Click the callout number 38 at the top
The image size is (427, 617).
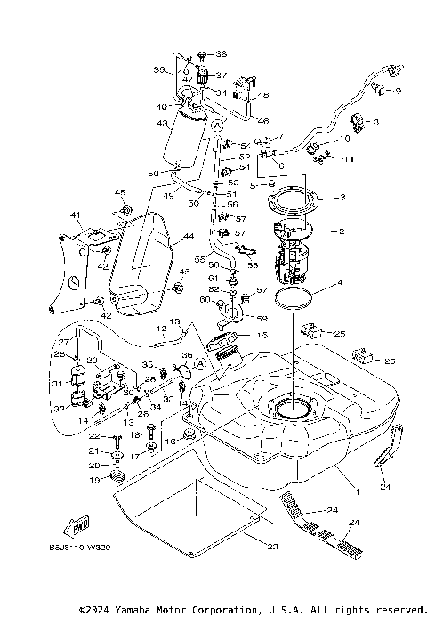pos(222,54)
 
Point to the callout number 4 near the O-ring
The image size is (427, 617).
pos(338,287)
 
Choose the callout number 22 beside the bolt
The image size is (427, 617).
pos(93,436)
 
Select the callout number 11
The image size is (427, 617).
pos(349,158)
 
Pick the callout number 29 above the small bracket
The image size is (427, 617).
pos(91,361)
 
